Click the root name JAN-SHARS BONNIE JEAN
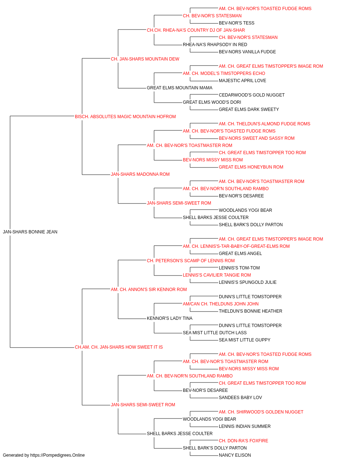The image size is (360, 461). pyautogui.click(x=30, y=232)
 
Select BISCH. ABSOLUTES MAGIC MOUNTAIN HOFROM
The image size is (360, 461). pyautogui.click(x=125, y=117)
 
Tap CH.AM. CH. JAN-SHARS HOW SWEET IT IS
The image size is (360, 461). pyautogui.click(x=119, y=347)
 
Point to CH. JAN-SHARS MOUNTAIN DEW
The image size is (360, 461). pyautogui.click(x=145, y=59)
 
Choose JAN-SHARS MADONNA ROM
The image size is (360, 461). pyautogui.click(x=140, y=174)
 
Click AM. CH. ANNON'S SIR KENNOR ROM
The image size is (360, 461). pyautogui.click(x=149, y=290)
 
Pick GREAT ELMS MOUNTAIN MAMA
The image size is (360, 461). pyautogui.click(x=180, y=88)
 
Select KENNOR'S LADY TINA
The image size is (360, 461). pyautogui.click(x=170, y=318)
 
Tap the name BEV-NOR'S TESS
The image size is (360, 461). pyautogui.click(x=237, y=23)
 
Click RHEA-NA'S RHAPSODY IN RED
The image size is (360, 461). pyautogui.click(x=215, y=45)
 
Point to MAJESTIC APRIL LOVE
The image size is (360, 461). pyautogui.click(x=243, y=81)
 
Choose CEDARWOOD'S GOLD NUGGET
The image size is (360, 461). pyautogui.click(x=252, y=95)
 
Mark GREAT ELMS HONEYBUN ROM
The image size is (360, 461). pyautogui.click(x=251, y=167)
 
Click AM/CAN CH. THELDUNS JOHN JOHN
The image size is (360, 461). pyautogui.click(x=221, y=304)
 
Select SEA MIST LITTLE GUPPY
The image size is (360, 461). pyautogui.click(x=245, y=340)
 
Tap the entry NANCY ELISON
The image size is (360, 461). pyautogui.click(x=235, y=455)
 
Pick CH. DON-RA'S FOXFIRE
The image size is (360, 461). pyautogui.click(x=243, y=440)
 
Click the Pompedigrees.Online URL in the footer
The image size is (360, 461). pyautogui.click(x=58, y=455)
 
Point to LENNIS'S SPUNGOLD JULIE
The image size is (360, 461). pyautogui.click(x=248, y=282)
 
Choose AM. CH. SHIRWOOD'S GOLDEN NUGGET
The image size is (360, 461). pyautogui.click(x=261, y=412)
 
